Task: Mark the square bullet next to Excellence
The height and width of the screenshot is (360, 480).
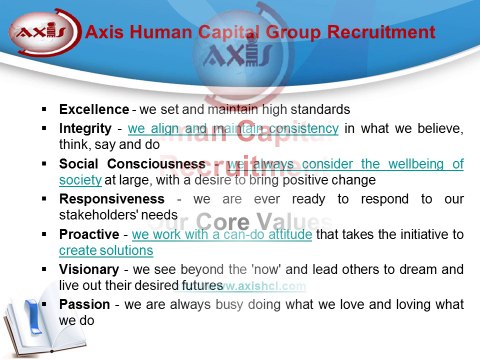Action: [x=45, y=108]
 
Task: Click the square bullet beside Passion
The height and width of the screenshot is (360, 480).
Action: [x=45, y=305]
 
